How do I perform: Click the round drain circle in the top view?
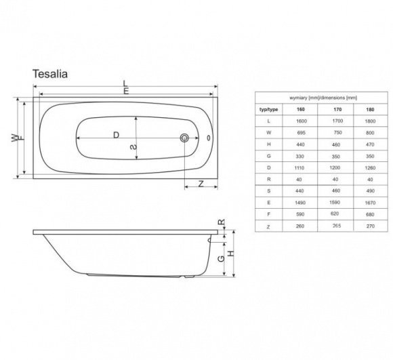click(184, 138)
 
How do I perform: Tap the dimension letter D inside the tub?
click(116, 135)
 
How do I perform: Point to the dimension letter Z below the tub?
click(201, 184)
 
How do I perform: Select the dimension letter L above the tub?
click(126, 85)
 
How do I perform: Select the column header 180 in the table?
click(370, 108)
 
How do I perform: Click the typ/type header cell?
click(269, 108)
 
